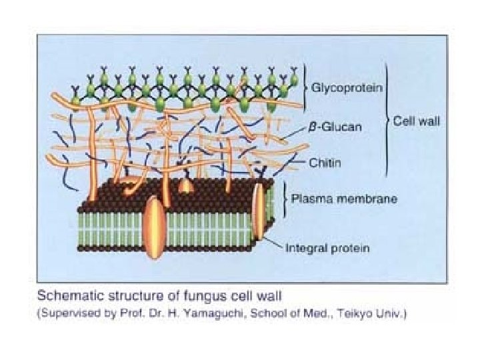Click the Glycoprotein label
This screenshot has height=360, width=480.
pos(347,87)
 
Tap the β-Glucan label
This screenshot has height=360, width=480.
pos(340,128)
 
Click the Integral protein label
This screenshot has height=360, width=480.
pos(328,249)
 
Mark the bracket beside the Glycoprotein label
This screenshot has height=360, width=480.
pos(306,87)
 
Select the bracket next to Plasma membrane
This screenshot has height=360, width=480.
pos(286,198)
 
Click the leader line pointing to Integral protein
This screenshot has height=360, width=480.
pos(273,241)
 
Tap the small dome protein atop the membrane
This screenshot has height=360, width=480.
pos(187,186)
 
